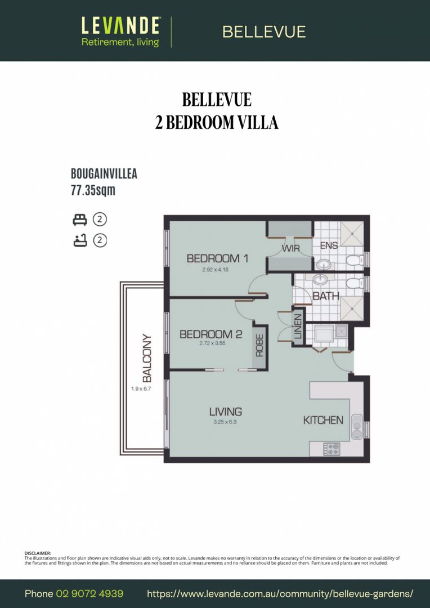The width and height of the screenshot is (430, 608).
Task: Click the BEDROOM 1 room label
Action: coord(217,258)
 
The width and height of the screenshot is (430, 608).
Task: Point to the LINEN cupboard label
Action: coord(298,327)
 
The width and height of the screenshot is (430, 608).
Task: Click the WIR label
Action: coord(290,248)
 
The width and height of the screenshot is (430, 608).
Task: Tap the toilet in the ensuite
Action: coord(354,260)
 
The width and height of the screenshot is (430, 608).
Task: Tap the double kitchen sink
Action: coord(357,426)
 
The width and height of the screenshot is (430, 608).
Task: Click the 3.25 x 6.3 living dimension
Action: coord(225,421)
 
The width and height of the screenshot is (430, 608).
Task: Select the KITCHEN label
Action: coord(323,420)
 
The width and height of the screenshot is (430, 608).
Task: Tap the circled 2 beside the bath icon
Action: coord(100,240)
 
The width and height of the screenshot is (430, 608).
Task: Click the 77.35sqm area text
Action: coord(93,190)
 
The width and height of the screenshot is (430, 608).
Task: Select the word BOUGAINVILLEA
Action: coord(104,174)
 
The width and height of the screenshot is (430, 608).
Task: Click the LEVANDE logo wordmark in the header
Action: coord(121,25)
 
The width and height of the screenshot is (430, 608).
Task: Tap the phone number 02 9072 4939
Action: coord(89,594)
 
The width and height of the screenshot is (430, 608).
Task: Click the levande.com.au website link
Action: coord(280,594)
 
